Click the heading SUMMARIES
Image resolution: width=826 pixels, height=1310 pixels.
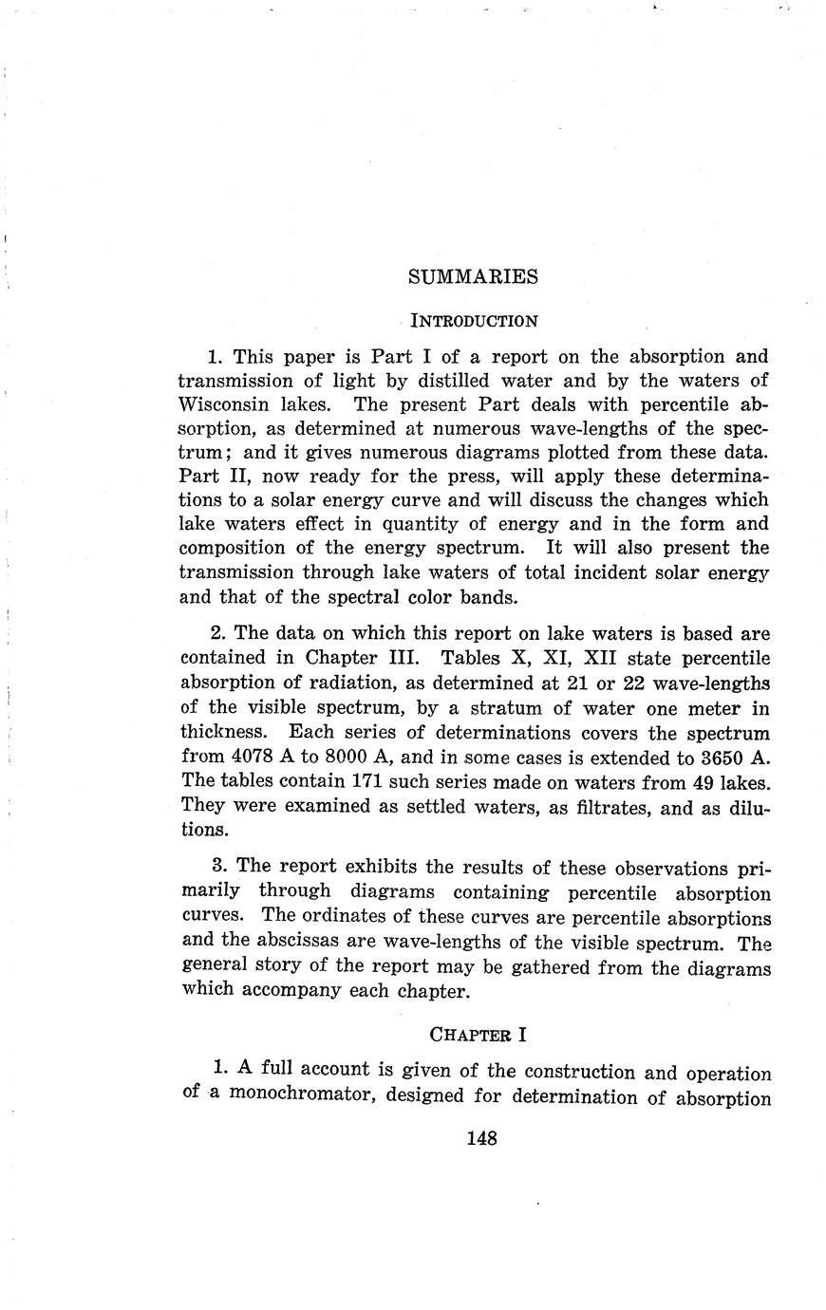click(x=473, y=276)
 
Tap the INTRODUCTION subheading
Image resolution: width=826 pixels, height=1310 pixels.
click(x=473, y=320)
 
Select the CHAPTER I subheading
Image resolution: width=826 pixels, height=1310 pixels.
click(x=472, y=1033)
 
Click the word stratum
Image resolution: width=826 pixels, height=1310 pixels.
click(x=479, y=708)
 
